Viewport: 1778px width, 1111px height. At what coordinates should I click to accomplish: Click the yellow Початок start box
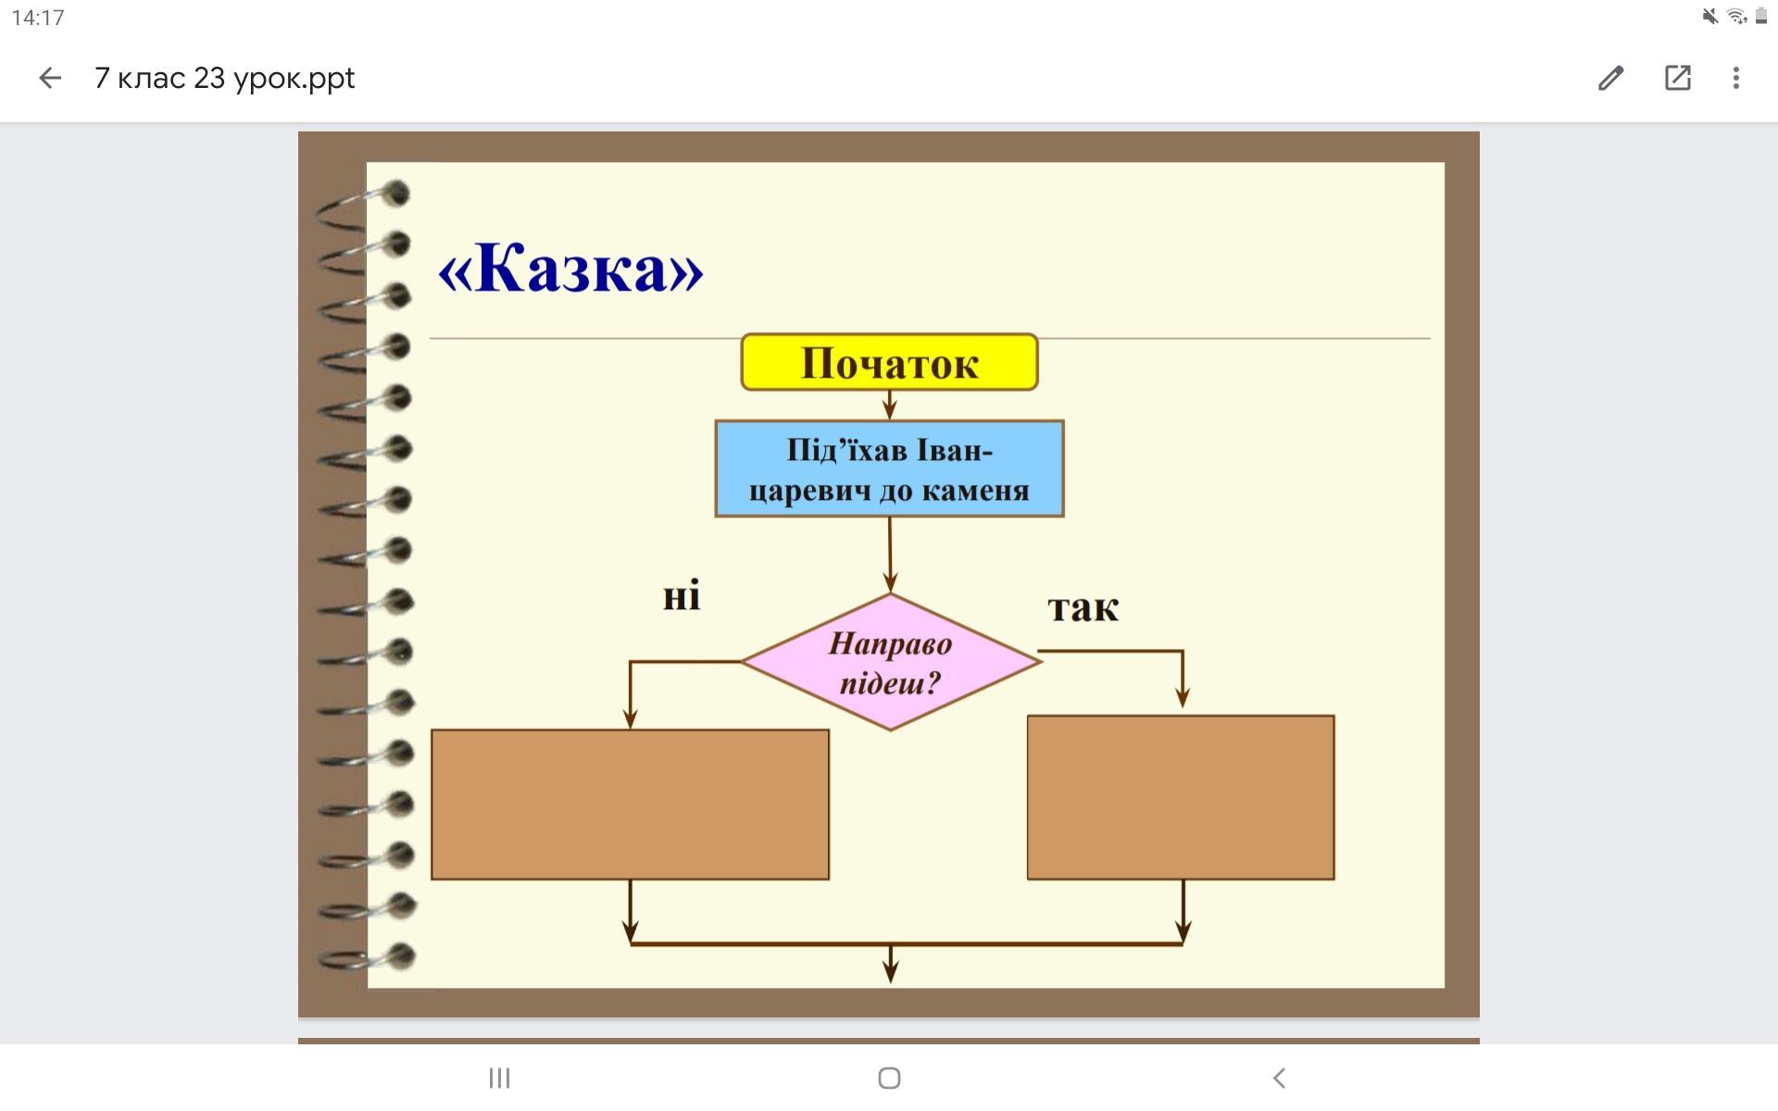[889, 362]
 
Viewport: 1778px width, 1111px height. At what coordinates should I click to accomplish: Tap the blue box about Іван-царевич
[889, 468]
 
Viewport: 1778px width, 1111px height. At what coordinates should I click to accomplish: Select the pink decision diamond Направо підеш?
[890, 662]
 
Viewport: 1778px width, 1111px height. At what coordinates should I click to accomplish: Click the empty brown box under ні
[630, 804]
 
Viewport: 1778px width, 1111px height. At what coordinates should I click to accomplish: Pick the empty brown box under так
[1181, 797]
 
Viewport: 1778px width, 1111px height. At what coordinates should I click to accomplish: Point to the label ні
[682, 597]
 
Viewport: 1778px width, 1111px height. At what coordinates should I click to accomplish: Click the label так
[1083, 608]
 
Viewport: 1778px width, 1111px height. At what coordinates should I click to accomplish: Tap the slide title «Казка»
[570, 269]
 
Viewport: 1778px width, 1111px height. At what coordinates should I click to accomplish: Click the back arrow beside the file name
[50, 78]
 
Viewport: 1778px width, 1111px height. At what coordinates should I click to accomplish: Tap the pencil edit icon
[1610, 78]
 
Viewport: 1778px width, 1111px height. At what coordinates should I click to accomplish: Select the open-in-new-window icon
[1677, 78]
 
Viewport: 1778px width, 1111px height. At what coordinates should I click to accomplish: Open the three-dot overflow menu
[1736, 78]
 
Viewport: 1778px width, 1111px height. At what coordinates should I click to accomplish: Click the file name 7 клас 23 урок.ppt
[224, 78]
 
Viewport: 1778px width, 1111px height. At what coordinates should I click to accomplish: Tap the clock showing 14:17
[38, 18]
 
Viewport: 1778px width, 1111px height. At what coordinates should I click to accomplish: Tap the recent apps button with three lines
[499, 1078]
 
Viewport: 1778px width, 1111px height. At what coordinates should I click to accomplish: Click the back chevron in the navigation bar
[1279, 1078]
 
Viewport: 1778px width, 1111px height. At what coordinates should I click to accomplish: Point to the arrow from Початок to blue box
[890, 406]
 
